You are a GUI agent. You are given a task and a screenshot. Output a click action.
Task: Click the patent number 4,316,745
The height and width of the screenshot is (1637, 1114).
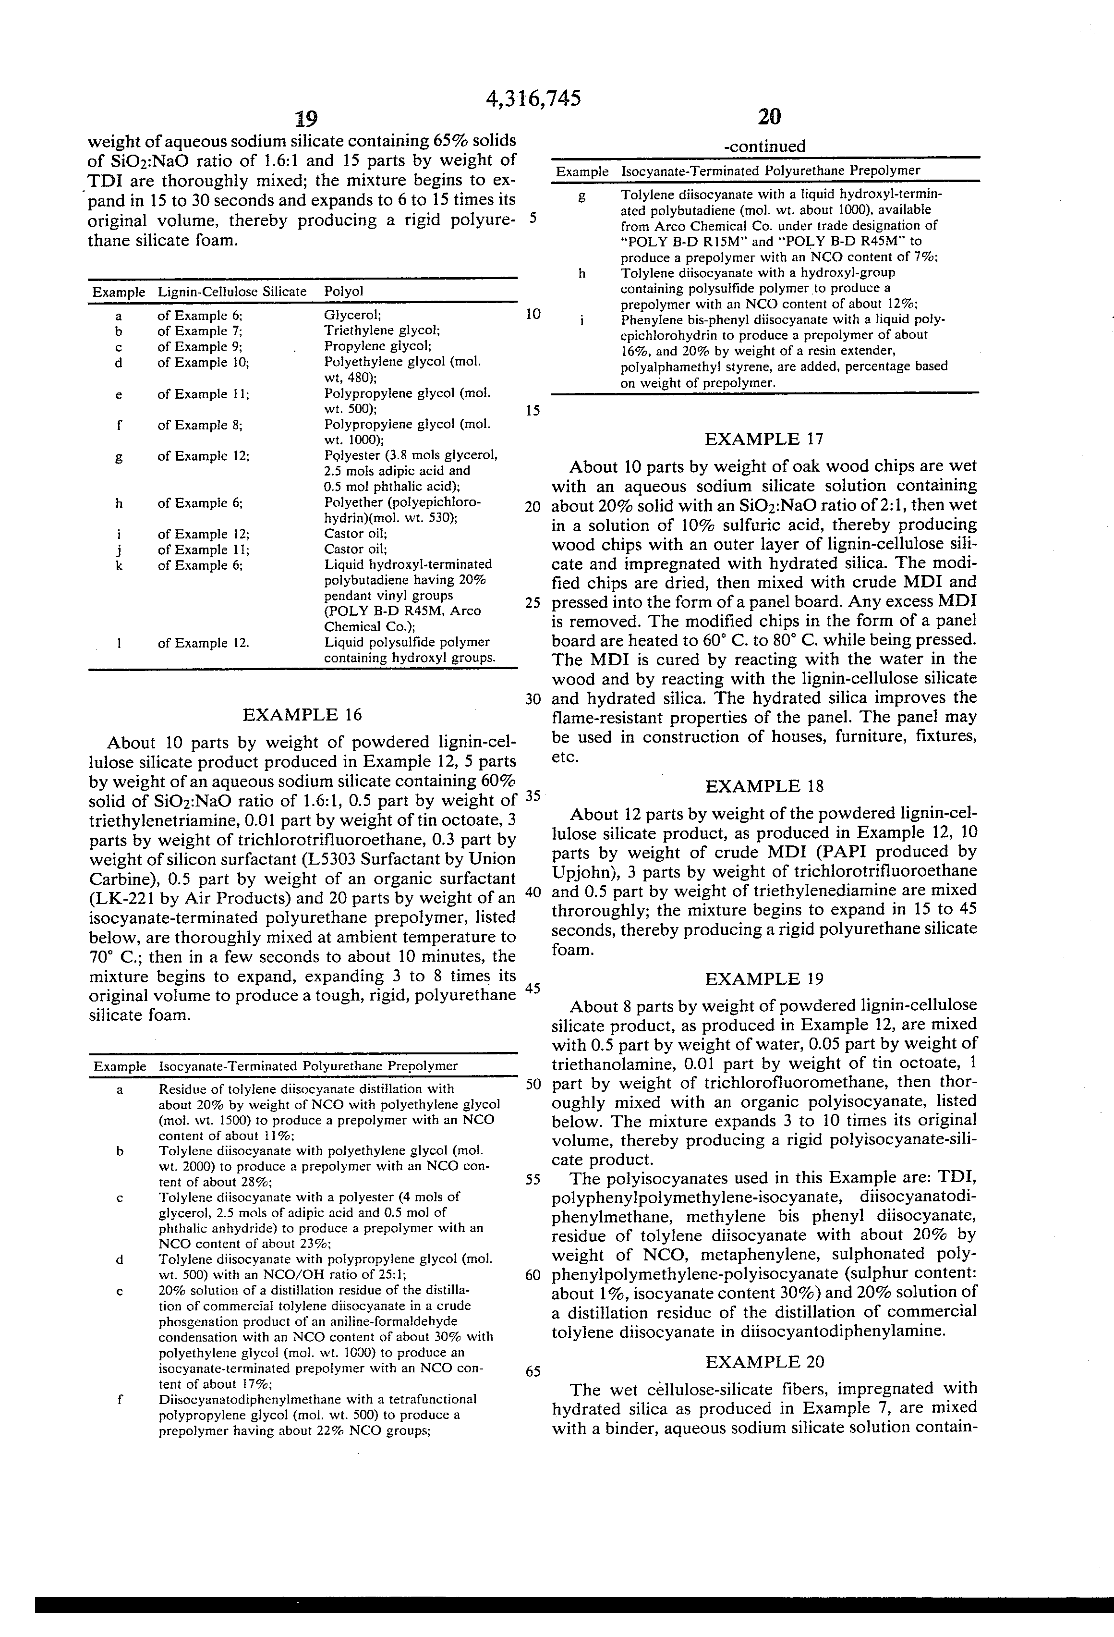point(533,99)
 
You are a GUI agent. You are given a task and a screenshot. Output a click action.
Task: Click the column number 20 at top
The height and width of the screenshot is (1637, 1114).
point(770,116)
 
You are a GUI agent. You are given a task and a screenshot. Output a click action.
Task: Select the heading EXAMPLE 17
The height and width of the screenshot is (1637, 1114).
point(764,440)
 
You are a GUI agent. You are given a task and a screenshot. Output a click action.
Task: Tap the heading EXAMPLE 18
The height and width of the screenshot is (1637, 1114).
point(764,787)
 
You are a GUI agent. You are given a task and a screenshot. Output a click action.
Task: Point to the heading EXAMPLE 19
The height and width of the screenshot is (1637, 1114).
point(764,979)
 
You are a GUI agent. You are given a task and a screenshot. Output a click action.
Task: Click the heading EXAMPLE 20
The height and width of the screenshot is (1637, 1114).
point(764,1362)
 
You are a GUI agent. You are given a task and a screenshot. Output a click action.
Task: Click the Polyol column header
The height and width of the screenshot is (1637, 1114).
point(344,292)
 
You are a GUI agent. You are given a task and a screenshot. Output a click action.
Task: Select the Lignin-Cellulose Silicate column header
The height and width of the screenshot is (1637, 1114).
point(231,292)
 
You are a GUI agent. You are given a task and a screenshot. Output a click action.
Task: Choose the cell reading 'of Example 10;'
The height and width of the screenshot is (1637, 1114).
point(203,363)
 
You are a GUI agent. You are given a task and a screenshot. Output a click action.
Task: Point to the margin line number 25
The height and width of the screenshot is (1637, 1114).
point(533,603)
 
